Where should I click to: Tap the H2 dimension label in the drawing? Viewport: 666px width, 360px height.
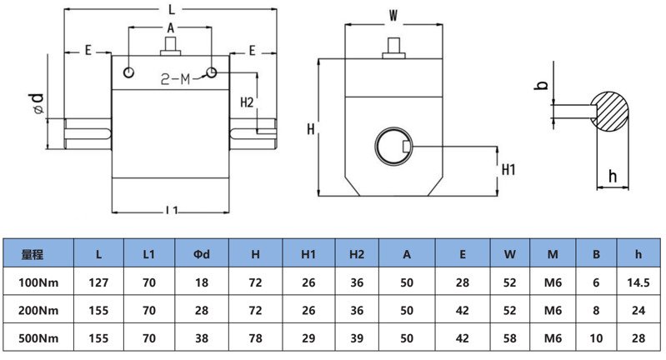247,102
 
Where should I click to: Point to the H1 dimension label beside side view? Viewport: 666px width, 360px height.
509,169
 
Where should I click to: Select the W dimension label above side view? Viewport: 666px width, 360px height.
394,16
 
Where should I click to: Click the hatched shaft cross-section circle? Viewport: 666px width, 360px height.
614,109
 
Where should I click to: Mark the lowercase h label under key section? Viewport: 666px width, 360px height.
613,176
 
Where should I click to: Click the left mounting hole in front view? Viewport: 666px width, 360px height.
128,72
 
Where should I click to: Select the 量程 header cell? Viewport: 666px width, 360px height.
33,253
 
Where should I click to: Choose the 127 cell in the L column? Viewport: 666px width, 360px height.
98,282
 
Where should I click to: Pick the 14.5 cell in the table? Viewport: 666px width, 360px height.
638,282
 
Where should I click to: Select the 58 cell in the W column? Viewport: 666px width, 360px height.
510,338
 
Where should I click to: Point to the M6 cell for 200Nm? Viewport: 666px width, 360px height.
553,311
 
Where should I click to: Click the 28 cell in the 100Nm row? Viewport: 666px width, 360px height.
462,282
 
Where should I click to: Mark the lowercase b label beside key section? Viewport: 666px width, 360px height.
541,85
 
